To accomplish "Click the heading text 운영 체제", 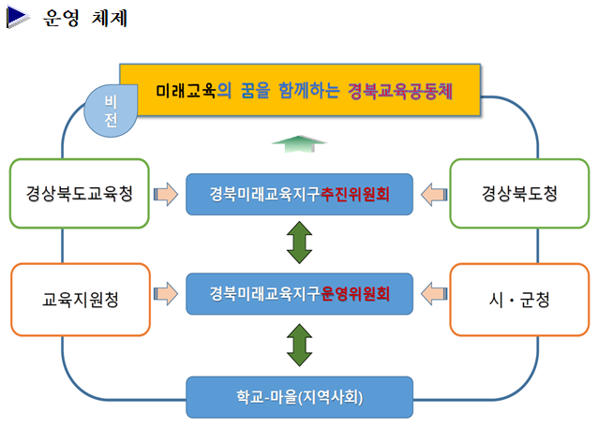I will (x=85, y=19).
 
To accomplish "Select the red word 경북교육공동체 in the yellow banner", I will (x=399, y=92).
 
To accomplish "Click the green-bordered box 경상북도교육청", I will (x=79, y=194).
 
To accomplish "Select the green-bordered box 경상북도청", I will (x=519, y=194).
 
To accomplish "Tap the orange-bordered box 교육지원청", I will (x=79, y=300).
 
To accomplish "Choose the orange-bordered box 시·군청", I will (x=519, y=300).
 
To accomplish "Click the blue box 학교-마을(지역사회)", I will (x=299, y=396).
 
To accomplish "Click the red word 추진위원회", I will (x=354, y=194).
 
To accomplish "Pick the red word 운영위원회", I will (x=354, y=294).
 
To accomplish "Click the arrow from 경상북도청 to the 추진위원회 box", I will (x=432, y=194).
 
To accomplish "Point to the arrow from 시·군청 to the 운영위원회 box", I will (x=432, y=294).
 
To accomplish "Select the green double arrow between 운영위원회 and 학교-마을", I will (x=299, y=346).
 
